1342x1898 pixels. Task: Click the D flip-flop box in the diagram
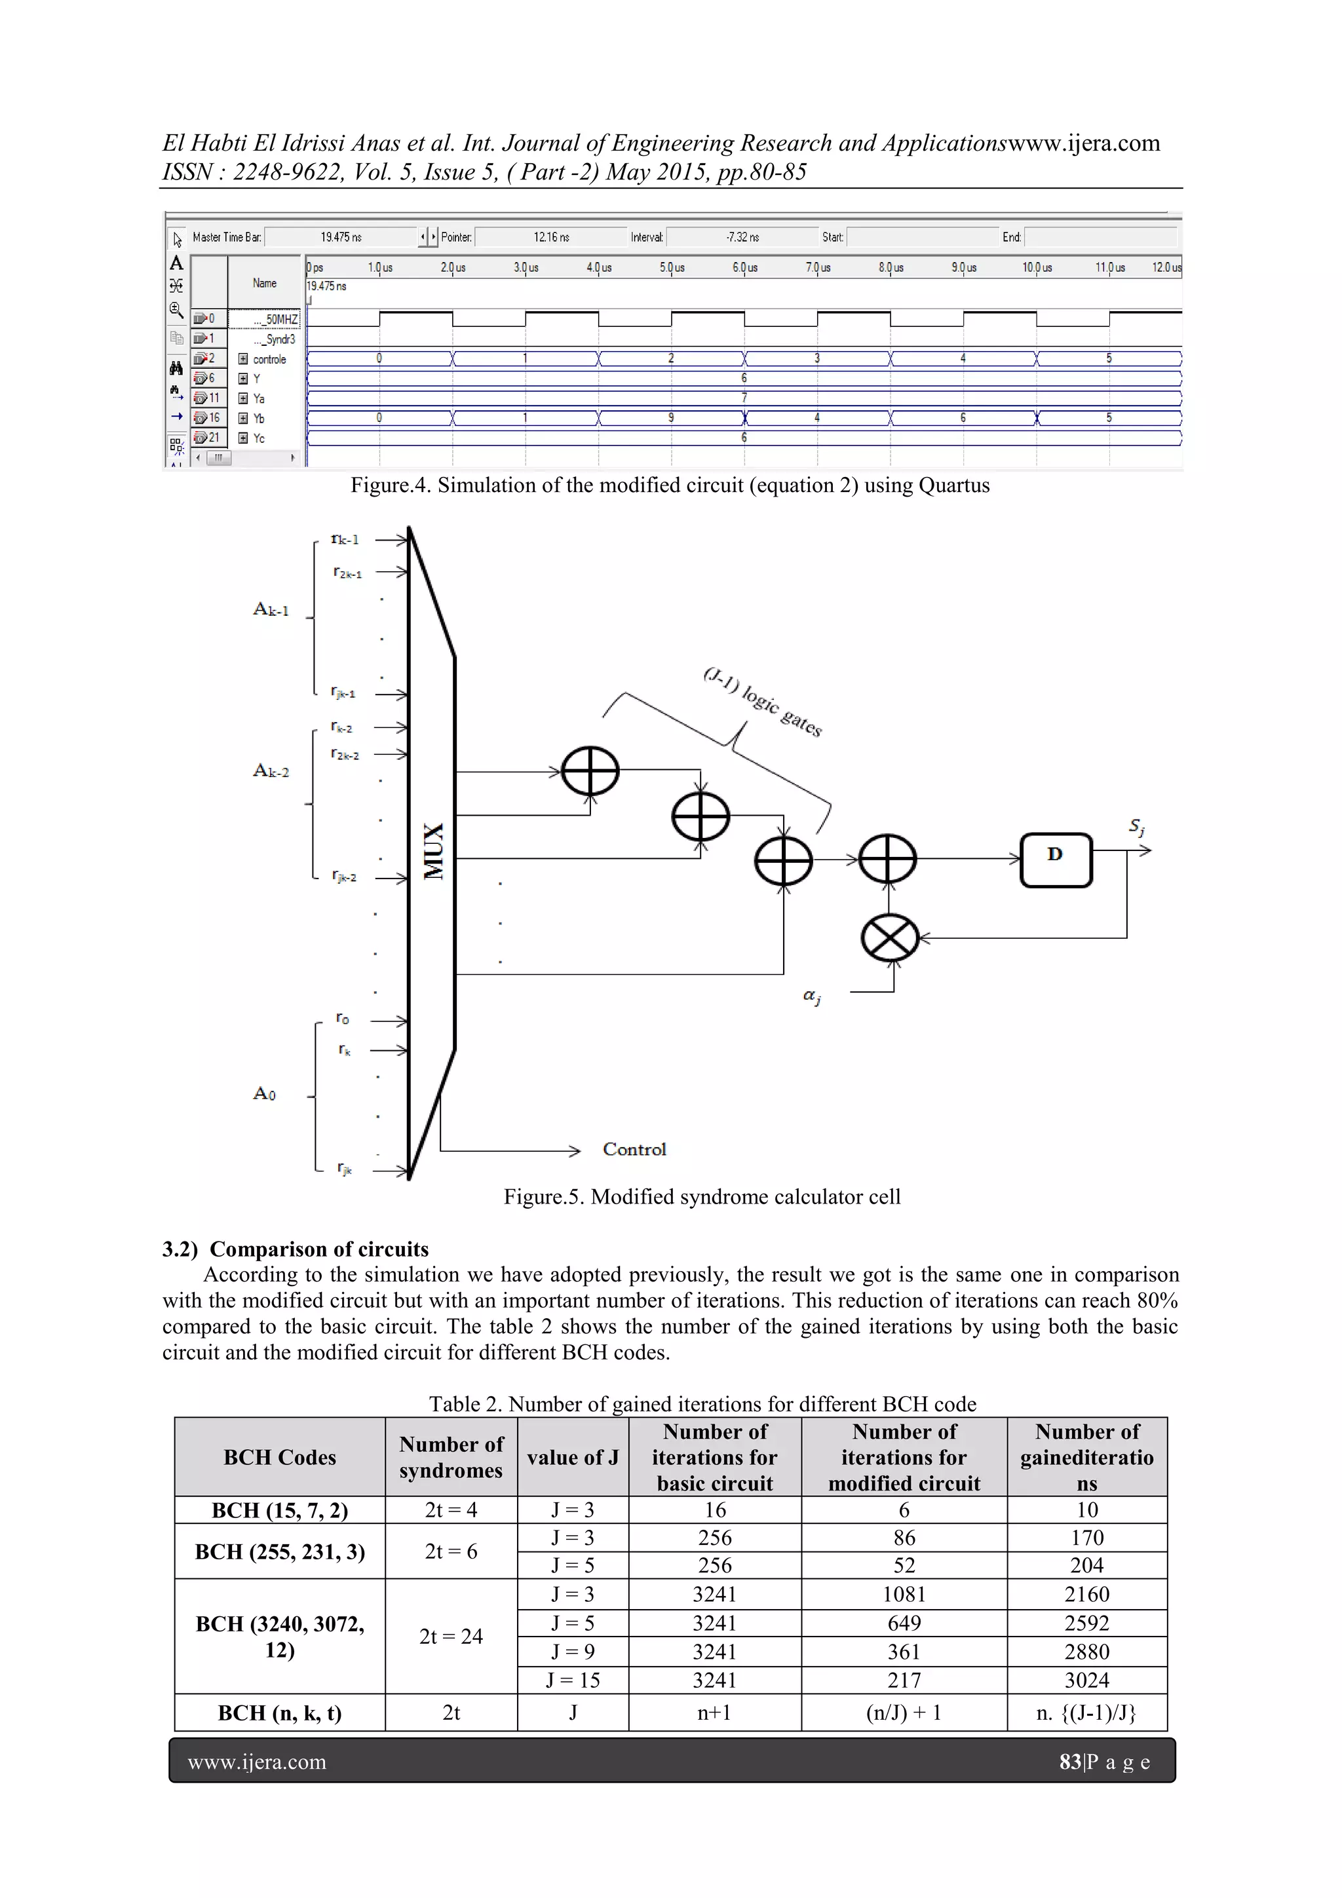(x=1056, y=860)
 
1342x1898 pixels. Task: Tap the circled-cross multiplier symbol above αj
(x=890, y=938)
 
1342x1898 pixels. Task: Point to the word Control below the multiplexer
(x=634, y=1149)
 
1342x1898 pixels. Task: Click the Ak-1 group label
(x=271, y=610)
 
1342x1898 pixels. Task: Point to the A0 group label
(x=264, y=1093)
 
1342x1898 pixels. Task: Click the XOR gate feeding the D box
(x=887, y=860)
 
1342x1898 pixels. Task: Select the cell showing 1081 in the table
(x=904, y=1594)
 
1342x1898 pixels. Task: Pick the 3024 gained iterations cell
(x=1086, y=1680)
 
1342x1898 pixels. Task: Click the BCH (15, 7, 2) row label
(x=280, y=1510)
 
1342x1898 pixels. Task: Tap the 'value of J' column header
(x=572, y=1457)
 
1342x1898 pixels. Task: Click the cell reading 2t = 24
(x=451, y=1636)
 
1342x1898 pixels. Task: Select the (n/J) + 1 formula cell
(x=904, y=1712)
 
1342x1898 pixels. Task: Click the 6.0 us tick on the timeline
(x=744, y=268)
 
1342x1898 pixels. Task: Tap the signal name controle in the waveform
(x=269, y=360)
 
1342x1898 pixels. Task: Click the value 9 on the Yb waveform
(x=670, y=418)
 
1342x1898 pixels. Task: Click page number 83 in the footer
(x=1070, y=1762)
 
